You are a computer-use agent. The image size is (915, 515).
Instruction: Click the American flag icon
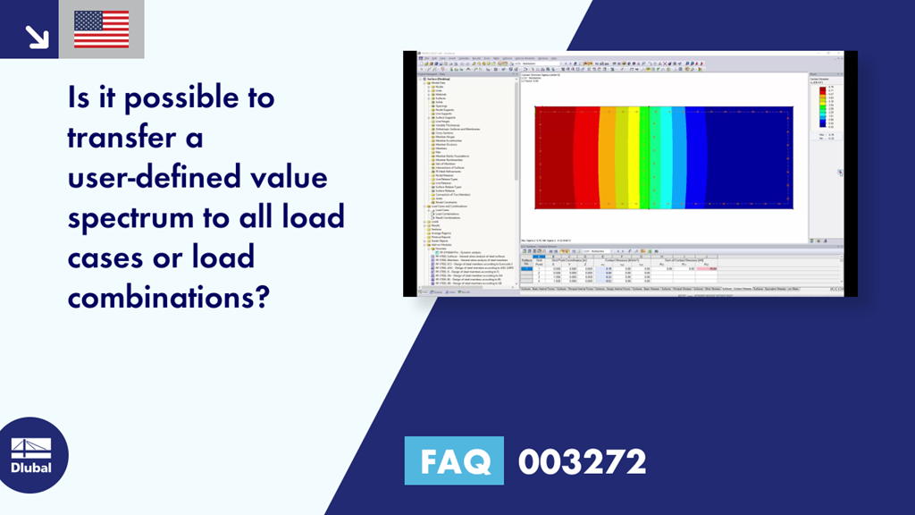(x=101, y=30)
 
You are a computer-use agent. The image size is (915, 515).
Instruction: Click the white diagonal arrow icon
(x=37, y=36)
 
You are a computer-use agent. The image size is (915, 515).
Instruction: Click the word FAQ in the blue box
(x=454, y=461)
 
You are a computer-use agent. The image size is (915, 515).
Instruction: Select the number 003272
(x=582, y=461)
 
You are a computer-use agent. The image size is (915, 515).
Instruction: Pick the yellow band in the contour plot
(x=634, y=156)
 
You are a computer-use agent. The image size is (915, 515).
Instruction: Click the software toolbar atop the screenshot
(x=625, y=63)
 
